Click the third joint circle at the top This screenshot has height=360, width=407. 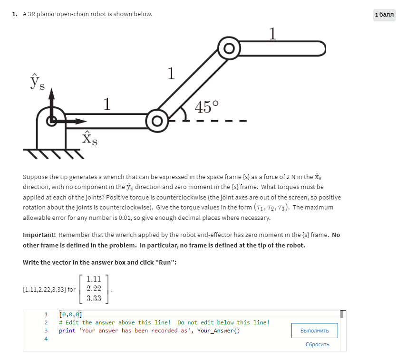[230, 48]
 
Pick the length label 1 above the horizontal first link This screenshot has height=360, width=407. [107, 103]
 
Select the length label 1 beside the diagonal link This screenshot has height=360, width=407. [171, 74]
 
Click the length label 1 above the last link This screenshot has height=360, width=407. [272, 33]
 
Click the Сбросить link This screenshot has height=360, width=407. [317, 344]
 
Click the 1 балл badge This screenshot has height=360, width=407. [384, 15]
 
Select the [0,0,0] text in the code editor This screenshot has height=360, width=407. [70, 314]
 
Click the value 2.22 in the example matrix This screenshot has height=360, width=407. [94, 288]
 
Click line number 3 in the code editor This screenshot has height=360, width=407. [46, 330]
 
